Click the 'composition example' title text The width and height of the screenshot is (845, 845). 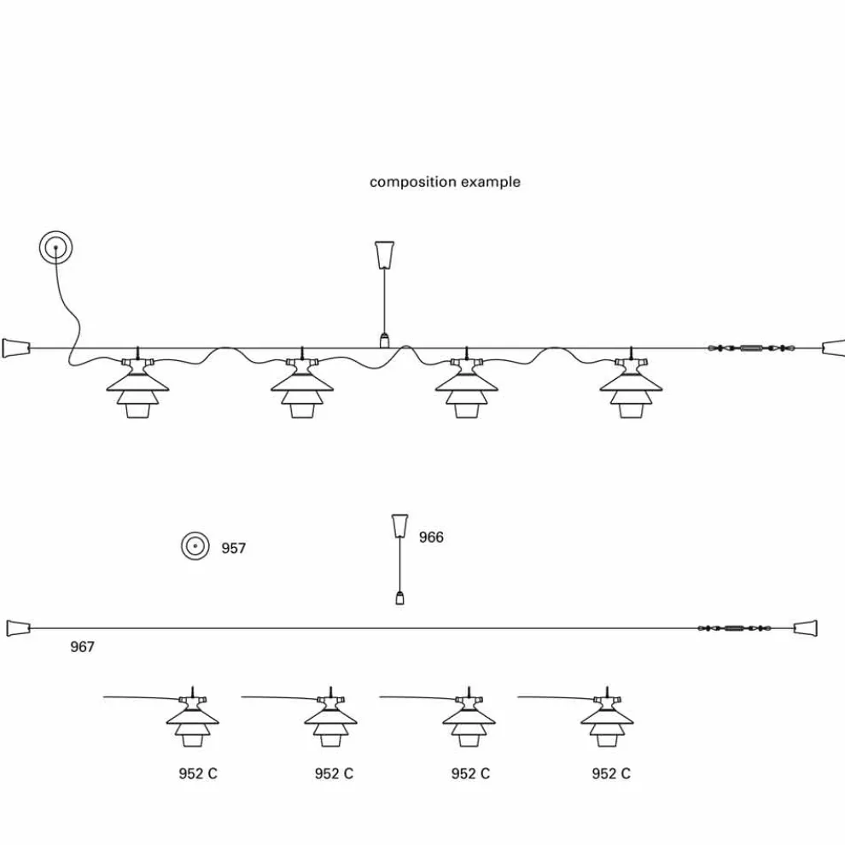click(445, 182)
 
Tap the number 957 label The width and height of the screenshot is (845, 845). click(234, 548)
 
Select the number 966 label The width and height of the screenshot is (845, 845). click(431, 537)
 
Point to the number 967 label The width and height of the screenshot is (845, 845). click(82, 647)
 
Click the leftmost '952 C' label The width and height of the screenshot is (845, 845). click(197, 773)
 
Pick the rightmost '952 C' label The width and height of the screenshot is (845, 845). click(611, 773)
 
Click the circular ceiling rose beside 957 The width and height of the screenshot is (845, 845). click(195, 546)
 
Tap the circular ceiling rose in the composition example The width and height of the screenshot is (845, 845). click(55, 248)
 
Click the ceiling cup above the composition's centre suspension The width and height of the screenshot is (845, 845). click(385, 253)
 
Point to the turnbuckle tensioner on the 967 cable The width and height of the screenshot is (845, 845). click(733, 628)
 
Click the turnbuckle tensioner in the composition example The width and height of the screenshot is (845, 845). click(750, 347)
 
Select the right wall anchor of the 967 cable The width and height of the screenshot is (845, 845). click(807, 628)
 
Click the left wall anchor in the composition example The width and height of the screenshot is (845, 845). click(15, 347)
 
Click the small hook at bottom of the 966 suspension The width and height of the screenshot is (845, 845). click(399, 597)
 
